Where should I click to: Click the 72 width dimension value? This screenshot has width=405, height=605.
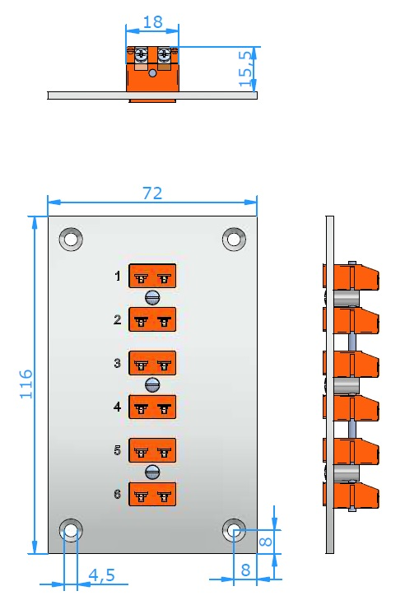click(x=152, y=193)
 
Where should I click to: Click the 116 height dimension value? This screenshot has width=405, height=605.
click(x=26, y=384)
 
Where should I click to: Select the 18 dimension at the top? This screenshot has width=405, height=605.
click(x=153, y=22)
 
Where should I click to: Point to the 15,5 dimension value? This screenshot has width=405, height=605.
click(x=245, y=68)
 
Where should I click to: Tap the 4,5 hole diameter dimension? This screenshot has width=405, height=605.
click(x=102, y=575)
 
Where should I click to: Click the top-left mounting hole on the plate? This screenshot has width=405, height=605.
click(x=71, y=240)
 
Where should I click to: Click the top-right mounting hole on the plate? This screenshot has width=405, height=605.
click(x=234, y=240)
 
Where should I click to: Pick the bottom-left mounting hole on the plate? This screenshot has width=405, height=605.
click(x=71, y=531)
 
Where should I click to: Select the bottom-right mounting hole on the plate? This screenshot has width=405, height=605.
click(x=234, y=531)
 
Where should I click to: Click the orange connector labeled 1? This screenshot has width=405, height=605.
click(x=152, y=276)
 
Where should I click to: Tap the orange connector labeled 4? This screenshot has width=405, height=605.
click(x=152, y=407)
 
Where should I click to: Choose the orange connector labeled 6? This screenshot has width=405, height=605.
click(x=152, y=494)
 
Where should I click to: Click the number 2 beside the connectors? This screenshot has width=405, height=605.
click(x=118, y=319)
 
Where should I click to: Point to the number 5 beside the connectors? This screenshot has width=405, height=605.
click(x=118, y=450)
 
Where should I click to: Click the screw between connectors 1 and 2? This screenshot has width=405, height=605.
click(x=152, y=297)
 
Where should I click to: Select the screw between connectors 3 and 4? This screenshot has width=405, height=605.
click(x=152, y=384)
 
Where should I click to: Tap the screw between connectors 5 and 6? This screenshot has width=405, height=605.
click(x=152, y=472)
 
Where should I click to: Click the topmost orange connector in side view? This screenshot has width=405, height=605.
click(x=351, y=277)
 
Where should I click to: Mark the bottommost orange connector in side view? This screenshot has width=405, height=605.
click(x=351, y=494)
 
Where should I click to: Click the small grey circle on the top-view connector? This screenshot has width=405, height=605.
click(x=153, y=73)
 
